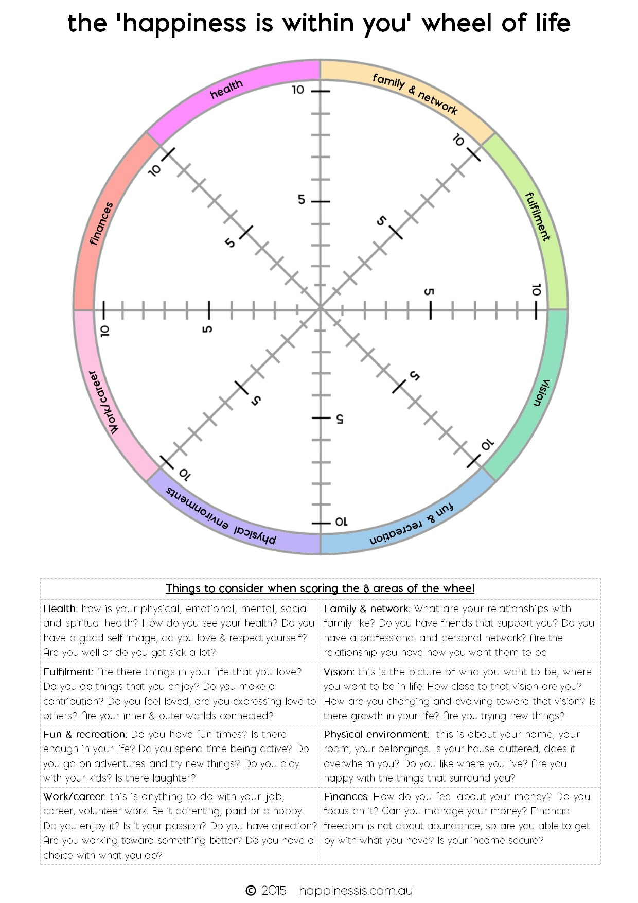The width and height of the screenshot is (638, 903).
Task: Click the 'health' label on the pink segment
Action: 226,89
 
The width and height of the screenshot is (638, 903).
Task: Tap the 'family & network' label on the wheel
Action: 415,93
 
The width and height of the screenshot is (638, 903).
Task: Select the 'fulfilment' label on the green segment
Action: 537,217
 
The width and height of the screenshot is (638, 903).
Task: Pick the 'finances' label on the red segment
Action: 101,223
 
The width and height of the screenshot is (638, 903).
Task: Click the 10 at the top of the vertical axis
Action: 298,90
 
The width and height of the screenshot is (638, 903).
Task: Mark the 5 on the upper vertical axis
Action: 302,200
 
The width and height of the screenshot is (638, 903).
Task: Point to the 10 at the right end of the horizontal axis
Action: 537,290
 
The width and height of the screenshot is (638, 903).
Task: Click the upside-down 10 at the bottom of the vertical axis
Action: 341,522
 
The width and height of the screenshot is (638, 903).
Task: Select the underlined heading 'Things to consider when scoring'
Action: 320,588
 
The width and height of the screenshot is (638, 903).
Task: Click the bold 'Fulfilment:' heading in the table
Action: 68,672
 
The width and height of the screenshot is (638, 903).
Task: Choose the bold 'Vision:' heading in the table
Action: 339,672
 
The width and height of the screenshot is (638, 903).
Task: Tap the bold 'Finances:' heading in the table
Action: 346,796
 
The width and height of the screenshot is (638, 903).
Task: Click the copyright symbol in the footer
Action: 251,890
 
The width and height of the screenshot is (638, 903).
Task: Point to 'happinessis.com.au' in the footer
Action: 356,890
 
